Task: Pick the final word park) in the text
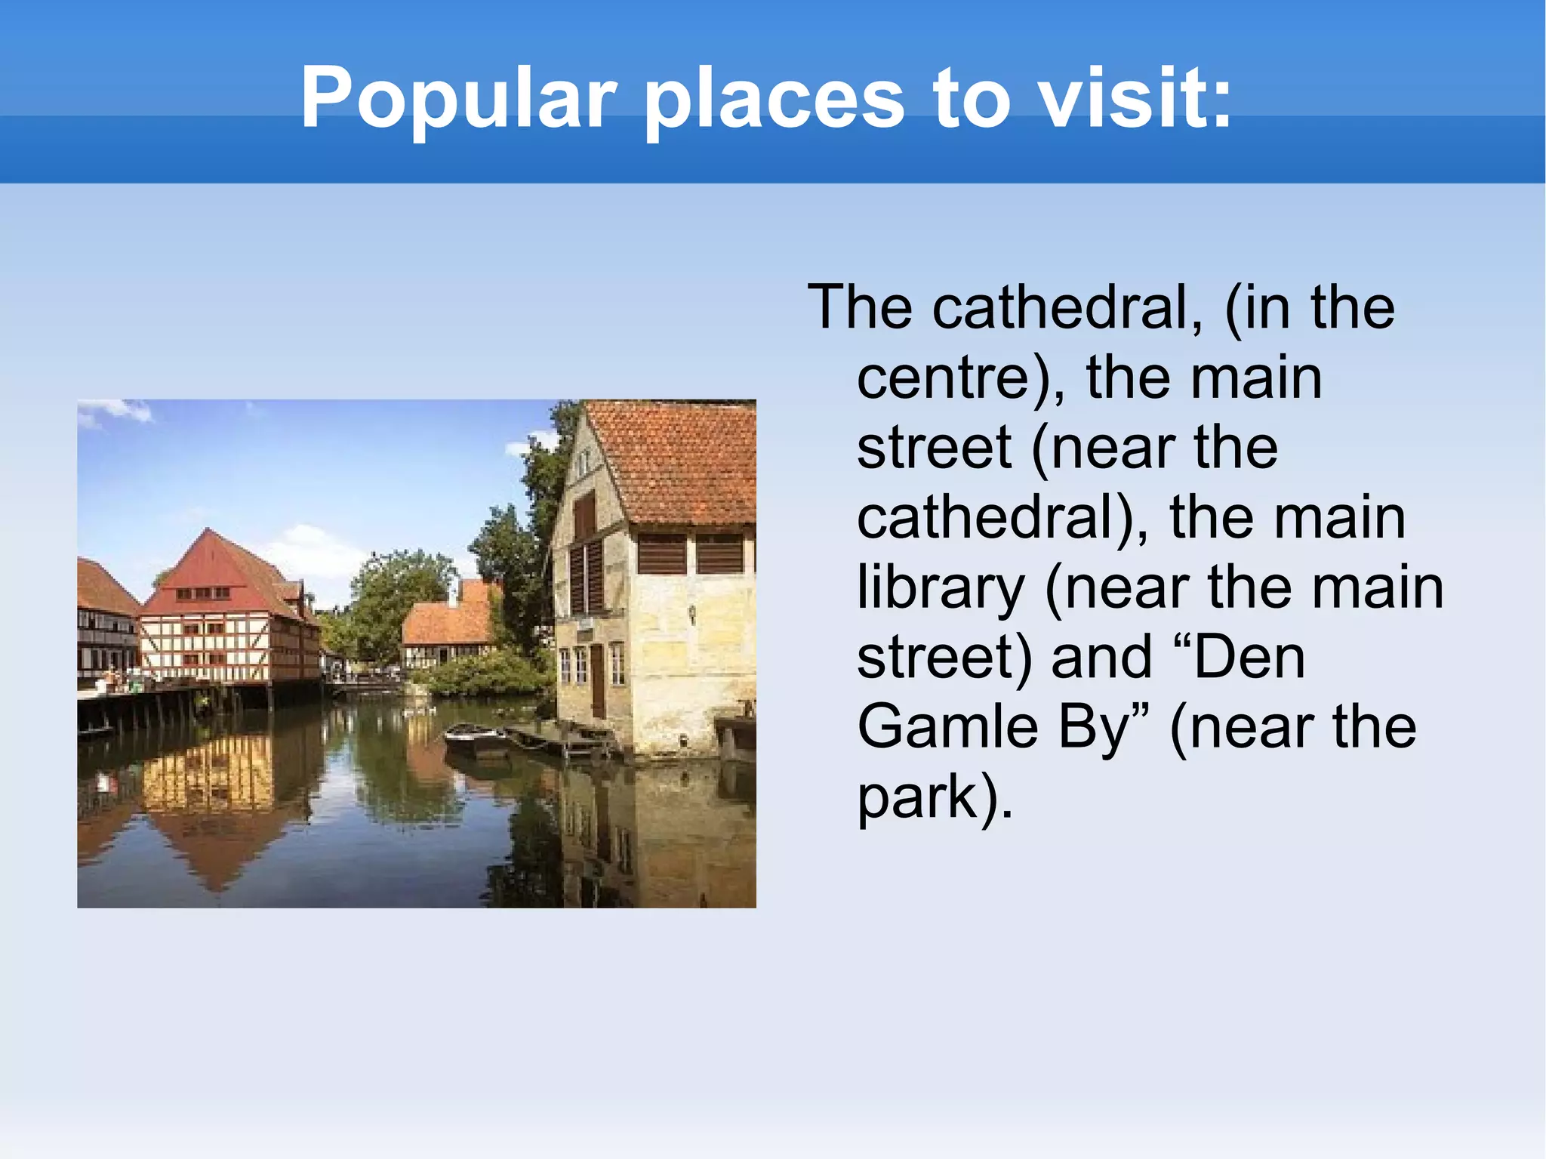pos(935,797)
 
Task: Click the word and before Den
pos(1101,658)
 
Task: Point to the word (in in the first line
pos(1256,308)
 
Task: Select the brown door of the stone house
pos(597,680)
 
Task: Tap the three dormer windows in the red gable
pos(203,593)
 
